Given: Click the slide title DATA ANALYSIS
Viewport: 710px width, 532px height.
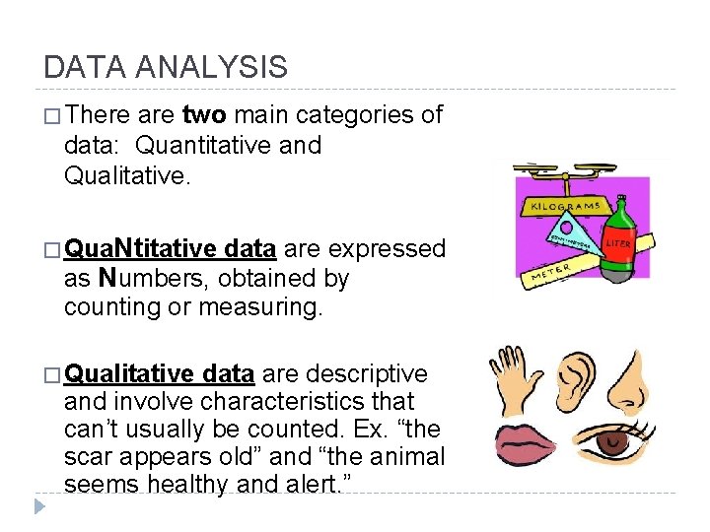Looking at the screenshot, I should click(166, 67).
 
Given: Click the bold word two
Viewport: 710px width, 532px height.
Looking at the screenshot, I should click(203, 115).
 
